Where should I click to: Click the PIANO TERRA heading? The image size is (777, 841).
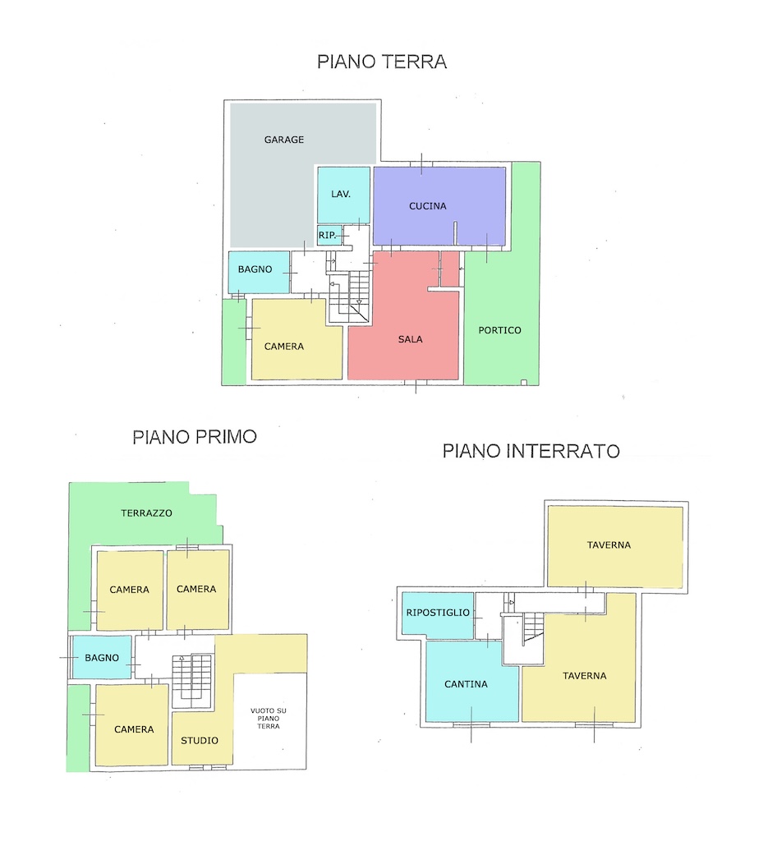382,62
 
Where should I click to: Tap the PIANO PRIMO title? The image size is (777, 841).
195,437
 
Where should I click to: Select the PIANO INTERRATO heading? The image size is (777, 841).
531,451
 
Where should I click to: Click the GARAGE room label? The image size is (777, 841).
284,140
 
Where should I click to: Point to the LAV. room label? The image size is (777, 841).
341,194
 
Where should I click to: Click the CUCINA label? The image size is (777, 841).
427,206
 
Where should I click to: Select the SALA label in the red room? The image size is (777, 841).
410,339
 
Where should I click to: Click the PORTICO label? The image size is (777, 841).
499,330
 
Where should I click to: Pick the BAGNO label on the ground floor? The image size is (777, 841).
255,269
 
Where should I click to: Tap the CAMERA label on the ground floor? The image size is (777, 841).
284,347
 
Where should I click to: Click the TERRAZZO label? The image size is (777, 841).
146,513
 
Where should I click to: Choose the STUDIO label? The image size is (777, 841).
200,741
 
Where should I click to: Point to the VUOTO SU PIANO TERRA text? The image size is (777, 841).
268,718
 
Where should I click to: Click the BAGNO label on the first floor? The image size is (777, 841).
102,658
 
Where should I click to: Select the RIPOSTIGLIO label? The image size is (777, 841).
438,613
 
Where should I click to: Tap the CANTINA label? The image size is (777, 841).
466,684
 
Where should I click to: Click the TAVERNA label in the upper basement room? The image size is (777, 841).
609,545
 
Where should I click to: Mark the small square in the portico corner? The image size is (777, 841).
524,383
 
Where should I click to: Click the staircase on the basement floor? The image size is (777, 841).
534,627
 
